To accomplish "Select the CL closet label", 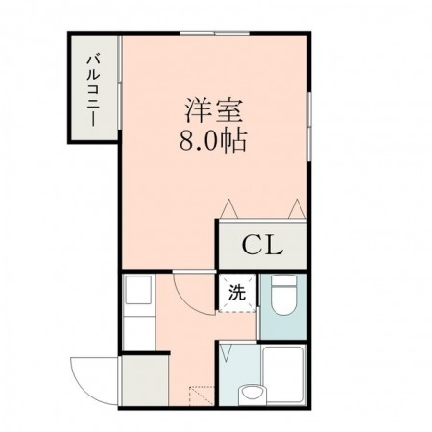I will pyautogui.click(x=261, y=246).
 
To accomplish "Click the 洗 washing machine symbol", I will pyautogui.click(x=235, y=295).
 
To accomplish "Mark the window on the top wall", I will pyautogui.click(x=214, y=34).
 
